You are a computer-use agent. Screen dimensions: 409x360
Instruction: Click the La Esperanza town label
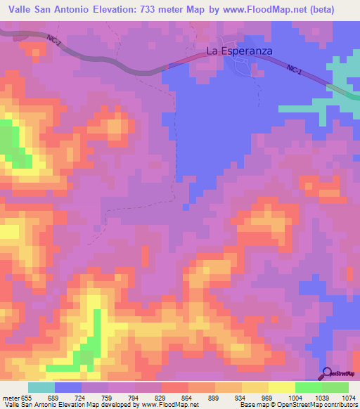coord(239,51)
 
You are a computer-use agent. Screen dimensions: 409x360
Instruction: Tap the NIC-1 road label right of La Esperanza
coord(295,68)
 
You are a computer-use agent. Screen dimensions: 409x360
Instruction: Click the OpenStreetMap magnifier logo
coord(326,374)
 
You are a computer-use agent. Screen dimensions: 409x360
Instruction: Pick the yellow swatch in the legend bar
coord(281,387)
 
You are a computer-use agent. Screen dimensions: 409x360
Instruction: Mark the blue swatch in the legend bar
coord(68,387)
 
